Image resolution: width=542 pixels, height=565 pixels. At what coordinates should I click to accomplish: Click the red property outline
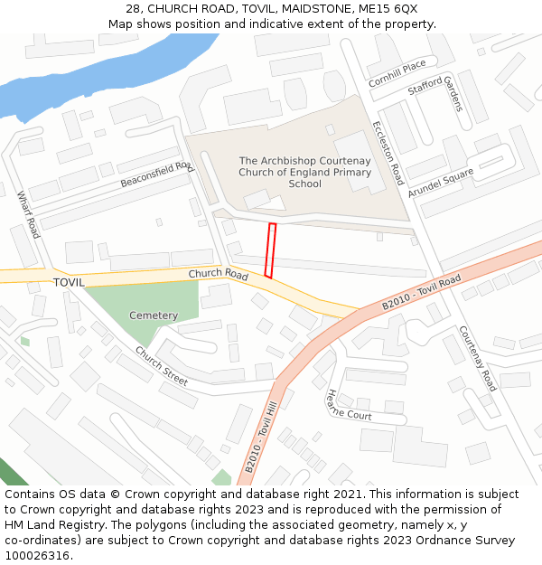269,250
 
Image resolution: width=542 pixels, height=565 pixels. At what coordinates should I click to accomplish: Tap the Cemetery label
154,315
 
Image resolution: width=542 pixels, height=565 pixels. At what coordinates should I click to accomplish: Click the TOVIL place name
69,282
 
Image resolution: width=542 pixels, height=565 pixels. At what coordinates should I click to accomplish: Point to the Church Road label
218,274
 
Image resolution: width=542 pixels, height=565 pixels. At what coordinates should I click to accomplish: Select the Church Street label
162,366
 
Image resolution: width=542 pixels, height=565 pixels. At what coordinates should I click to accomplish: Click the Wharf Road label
28,215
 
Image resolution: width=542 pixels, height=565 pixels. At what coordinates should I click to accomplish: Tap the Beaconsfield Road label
157,174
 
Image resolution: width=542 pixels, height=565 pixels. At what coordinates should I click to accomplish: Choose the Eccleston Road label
388,153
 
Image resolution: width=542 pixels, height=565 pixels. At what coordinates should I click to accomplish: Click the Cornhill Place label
397,74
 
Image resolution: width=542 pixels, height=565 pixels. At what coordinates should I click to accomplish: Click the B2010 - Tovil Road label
421,293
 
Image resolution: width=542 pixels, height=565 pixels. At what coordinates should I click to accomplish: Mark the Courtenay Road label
478,358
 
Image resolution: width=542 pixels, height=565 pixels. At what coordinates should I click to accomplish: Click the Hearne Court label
349,404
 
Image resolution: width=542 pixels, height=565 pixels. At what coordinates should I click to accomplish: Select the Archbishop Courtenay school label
304,172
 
